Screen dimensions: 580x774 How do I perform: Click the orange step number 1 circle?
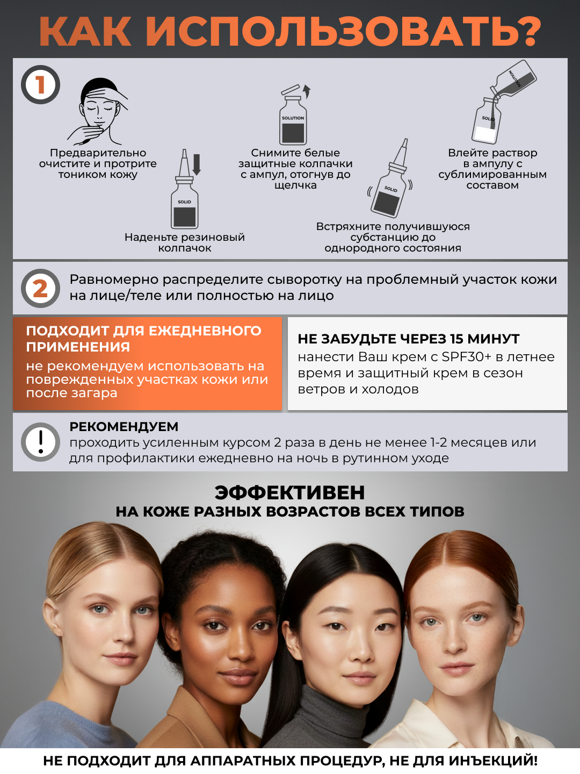(x=40, y=84)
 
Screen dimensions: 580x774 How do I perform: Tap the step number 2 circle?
(x=40, y=288)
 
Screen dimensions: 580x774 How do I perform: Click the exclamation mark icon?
(x=40, y=442)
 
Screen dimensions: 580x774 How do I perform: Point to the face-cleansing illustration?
(x=98, y=111)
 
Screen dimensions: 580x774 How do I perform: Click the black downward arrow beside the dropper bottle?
(x=197, y=164)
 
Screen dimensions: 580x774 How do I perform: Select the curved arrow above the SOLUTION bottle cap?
(x=307, y=91)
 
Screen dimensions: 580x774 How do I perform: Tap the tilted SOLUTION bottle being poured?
(x=513, y=82)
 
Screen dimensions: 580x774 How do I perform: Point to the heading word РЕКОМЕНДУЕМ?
(x=124, y=427)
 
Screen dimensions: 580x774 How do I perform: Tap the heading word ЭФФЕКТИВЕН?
(x=290, y=492)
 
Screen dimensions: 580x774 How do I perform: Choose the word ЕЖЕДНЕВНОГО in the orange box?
(x=205, y=331)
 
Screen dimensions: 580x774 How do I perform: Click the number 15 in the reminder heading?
(x=456, y=339)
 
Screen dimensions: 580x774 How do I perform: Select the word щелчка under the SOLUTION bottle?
(x=295, y=185)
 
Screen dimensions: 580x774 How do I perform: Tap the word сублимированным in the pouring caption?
(x=492, y=174)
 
